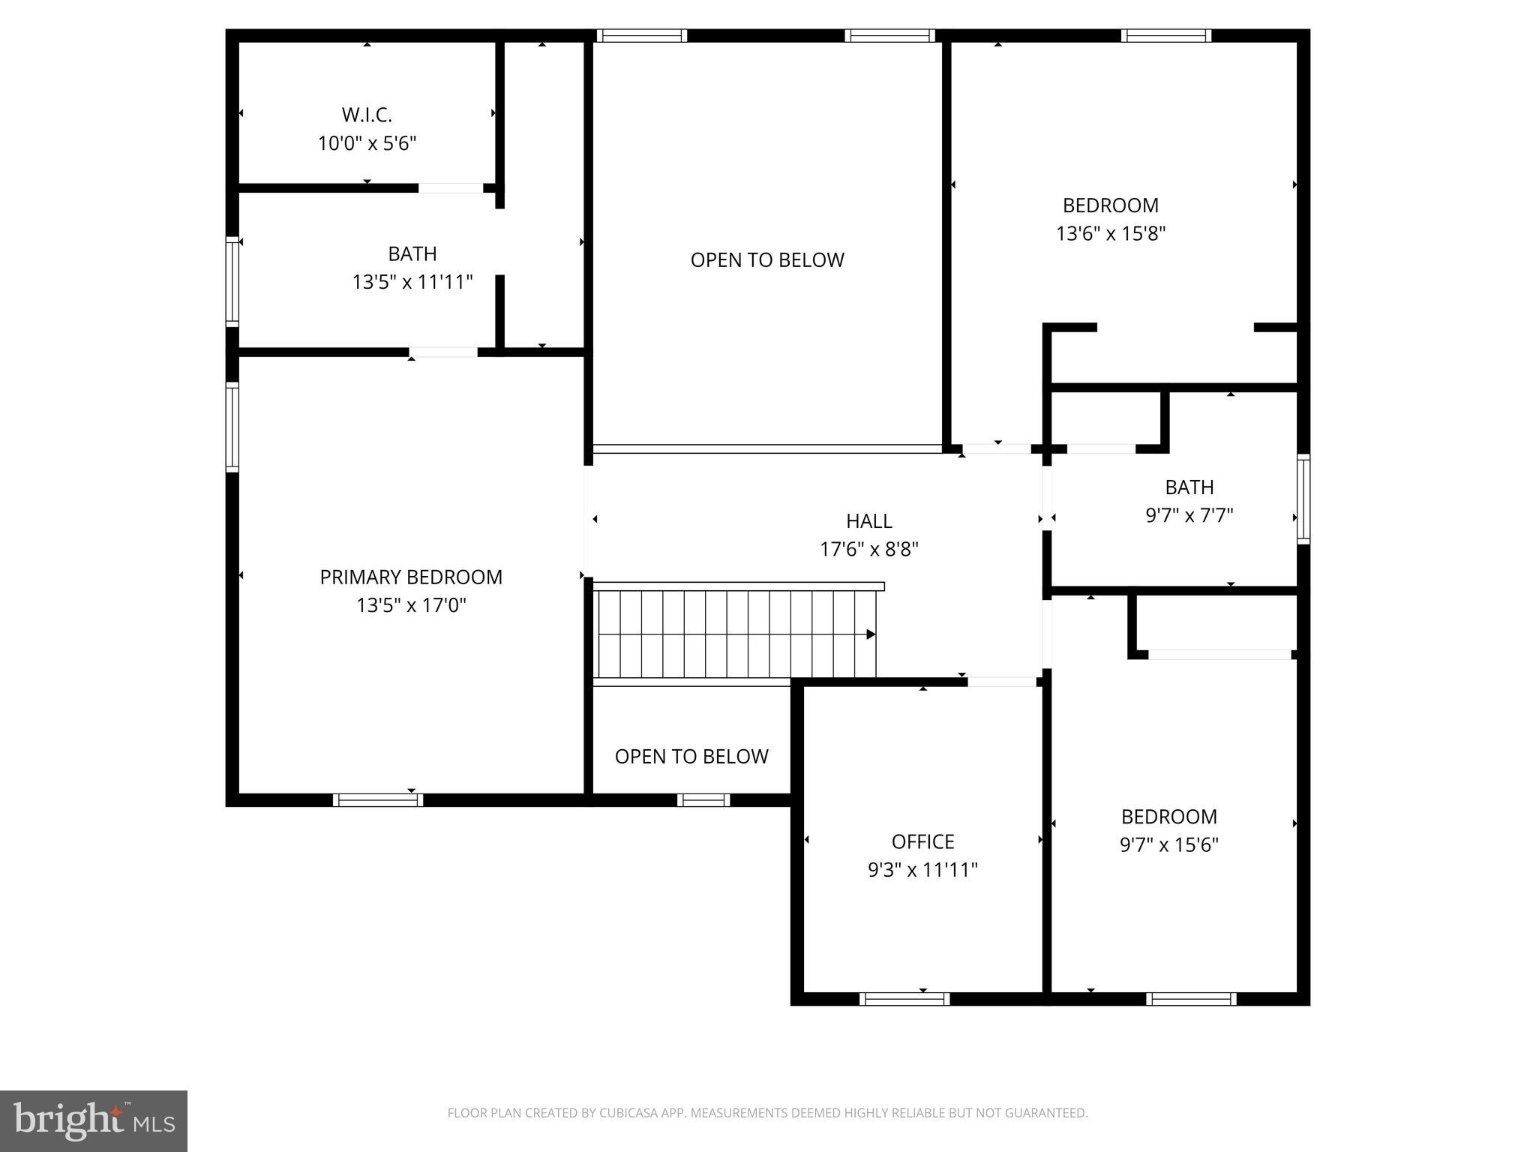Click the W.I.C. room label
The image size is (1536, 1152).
point(367,115)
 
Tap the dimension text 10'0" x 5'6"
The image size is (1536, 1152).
point(367,143)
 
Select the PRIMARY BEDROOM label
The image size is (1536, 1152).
point(411,577)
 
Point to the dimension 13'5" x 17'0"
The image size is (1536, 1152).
point(411,605)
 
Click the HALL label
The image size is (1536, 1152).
point(868,520)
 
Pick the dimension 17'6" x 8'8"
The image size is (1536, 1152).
point(868,549)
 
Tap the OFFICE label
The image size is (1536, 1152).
point(922,841)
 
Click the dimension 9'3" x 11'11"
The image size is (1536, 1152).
point(922,870)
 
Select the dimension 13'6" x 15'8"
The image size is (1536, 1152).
point(1110,233)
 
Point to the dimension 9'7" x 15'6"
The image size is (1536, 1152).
point(1168,844)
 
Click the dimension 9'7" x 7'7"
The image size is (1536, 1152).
point(1189,515)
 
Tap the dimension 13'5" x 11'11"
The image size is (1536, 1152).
point(412,282)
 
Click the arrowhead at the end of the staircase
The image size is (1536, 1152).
point(871,634)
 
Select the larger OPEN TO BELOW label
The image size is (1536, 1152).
point(767,259)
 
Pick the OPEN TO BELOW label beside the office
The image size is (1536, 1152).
point(691,756)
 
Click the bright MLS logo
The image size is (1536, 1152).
point(94,1120)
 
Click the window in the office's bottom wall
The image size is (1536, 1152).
point(904,998)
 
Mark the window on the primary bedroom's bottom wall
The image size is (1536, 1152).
point(377,800)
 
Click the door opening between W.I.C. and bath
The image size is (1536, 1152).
point(451,187)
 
